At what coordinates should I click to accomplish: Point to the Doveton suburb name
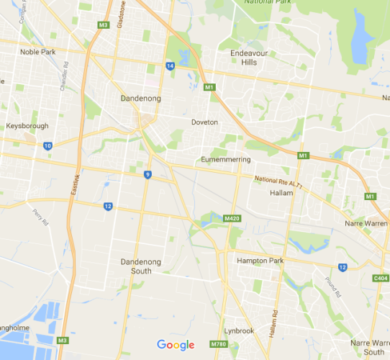(x=204, y=122)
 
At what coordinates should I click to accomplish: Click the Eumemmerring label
(x=225, y=158)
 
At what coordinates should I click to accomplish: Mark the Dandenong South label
(x=131, y=266)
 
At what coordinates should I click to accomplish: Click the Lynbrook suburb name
(x=238, y=330)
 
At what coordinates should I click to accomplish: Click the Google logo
(x=176, y=345)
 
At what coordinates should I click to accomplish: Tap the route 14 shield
(x=170, y=66)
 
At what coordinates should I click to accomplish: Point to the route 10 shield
(x=47, y=145)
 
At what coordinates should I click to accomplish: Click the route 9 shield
(x=148, y=174)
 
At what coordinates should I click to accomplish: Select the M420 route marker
(x=231, y=218)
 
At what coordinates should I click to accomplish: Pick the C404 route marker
(x=380, y=276)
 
